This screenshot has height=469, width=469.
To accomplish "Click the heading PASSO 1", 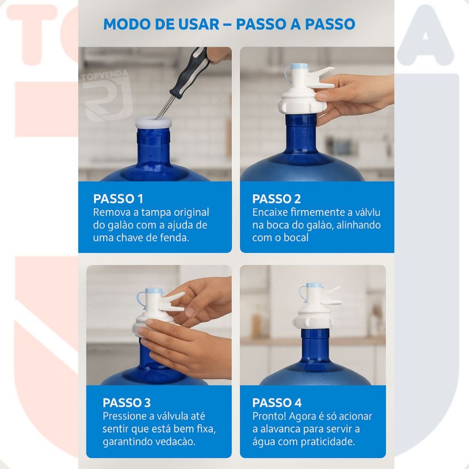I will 118,199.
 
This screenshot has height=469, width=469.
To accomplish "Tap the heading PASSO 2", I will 277,199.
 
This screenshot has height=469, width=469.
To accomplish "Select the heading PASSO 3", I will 126,403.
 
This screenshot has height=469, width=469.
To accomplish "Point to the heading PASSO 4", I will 277,403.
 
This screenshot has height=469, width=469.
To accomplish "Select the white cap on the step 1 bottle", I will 153,122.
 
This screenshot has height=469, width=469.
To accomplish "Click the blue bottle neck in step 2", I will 301,133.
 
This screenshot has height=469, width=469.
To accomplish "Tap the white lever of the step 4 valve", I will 331,302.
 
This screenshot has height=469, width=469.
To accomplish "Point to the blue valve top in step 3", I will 154,291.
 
